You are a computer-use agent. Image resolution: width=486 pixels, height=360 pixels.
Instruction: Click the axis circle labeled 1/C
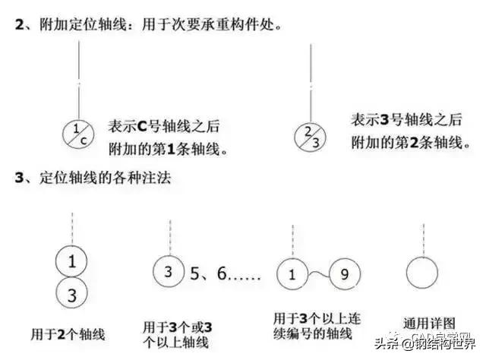(80, 137)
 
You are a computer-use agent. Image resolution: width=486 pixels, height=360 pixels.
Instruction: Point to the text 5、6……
(225, 271)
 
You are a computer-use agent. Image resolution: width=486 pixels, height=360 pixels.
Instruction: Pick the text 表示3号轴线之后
(406, 120)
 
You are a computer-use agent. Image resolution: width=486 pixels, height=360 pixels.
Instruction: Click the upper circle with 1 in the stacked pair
(71, 263)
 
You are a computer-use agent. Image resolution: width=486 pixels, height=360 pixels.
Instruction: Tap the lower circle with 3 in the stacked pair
(71, 295)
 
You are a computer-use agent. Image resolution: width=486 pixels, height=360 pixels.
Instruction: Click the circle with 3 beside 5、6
(169, 271)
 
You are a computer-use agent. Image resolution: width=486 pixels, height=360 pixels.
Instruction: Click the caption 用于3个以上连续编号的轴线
(318, 324)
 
